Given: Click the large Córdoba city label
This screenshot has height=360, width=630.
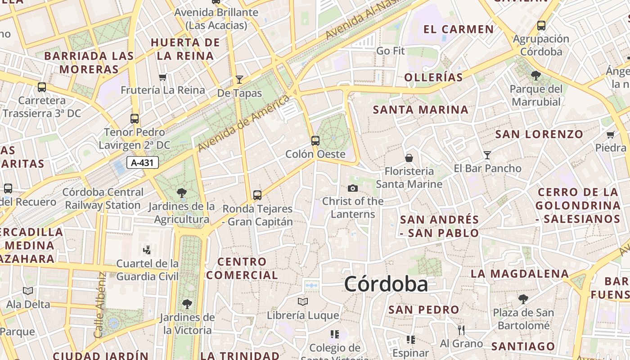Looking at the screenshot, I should coord(386,284).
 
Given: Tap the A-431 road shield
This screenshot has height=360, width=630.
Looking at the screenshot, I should coord(143,162).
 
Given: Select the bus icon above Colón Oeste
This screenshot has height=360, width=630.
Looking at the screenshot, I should coord(315,140).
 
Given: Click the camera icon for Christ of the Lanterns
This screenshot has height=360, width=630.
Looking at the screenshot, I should coord(353,188).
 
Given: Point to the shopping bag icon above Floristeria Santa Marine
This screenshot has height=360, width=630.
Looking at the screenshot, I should coord(409,158).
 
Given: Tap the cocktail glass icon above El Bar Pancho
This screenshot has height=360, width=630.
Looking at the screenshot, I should coord(487,155).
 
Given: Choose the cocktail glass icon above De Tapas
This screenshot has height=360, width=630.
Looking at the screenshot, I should coord(239,80).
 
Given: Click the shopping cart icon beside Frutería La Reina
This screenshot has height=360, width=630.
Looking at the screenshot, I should coord(163,77).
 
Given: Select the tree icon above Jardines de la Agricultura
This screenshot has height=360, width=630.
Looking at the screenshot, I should coord(182,193).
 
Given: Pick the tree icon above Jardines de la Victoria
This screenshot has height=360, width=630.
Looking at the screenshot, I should coord(187,304).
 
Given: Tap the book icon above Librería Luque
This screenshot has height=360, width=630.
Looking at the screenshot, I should coord(303,301).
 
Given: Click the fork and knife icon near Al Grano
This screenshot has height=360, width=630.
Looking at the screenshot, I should coord(461,330).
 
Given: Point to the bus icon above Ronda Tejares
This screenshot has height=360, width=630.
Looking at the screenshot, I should coord(257,195).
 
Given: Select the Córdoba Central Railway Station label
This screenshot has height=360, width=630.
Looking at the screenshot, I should coord(103,198).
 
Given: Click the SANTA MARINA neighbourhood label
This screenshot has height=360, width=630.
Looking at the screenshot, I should coord(421,110).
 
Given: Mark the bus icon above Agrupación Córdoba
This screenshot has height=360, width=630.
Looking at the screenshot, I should coord(541,26).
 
